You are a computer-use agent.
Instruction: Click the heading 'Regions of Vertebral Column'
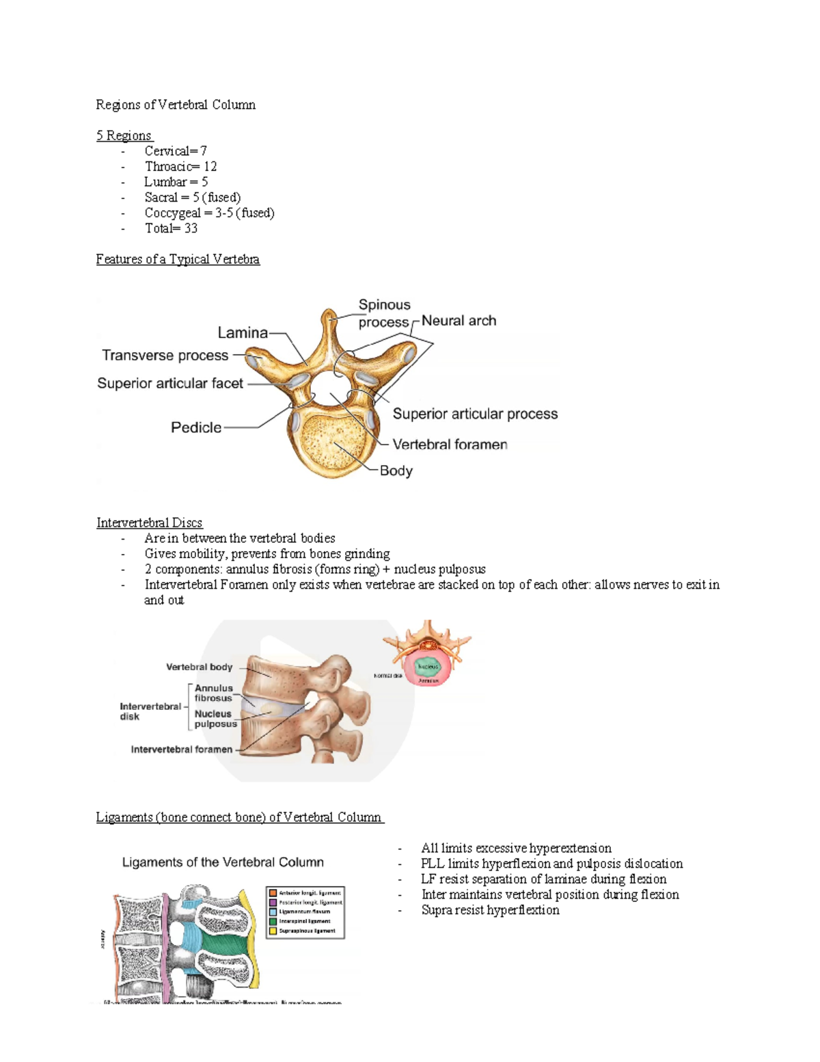[x=176, y=105]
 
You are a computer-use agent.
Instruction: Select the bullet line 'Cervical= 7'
[x=176, y=151]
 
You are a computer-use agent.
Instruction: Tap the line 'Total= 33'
[x=171, y=228]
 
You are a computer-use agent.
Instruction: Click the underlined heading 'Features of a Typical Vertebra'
[x=178, y=259]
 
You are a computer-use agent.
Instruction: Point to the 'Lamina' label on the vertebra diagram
[x=243, y=333]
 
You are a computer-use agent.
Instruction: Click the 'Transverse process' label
[x=165, y=356]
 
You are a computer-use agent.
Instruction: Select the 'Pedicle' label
[x=196, y=427]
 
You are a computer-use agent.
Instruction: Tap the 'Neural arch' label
[x=459, y=321]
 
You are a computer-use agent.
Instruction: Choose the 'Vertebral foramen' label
[x=450, y=444]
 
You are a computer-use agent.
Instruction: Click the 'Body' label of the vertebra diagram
[x=396, y=470]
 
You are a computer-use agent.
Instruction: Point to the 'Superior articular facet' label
[x=170, y=384]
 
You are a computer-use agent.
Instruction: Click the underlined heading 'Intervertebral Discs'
[x=149, y=523]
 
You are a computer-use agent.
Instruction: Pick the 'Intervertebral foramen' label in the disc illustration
[x=182, y=749]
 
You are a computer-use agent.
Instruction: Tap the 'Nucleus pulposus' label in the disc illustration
[x=215, y=719]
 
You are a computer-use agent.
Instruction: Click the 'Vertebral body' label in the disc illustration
[x=199, y=667]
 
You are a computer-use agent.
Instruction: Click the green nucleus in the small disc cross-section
[x=428, y=665]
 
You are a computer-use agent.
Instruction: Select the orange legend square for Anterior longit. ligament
[x=273, y=892]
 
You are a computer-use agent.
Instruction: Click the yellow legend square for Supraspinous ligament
[x=273, y=931]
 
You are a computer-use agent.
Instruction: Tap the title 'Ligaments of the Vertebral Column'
[x=223, y=862]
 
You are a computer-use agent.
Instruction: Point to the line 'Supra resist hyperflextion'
[x=490, y=910]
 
